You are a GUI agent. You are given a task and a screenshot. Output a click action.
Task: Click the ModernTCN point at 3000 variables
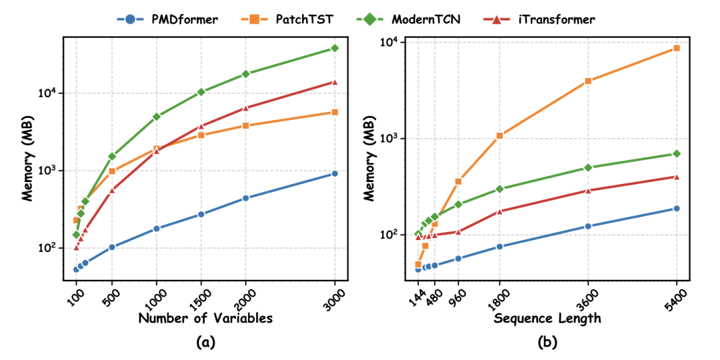pos(335,49)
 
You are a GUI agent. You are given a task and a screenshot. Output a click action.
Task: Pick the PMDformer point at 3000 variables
pos(335,174)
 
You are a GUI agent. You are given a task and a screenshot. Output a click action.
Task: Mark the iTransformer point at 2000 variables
pos(245,108)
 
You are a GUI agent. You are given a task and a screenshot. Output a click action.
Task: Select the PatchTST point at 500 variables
pos(112,171)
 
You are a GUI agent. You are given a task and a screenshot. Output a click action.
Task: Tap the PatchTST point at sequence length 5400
pos(677,48)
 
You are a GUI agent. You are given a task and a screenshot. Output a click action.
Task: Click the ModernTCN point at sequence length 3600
pos(588,168)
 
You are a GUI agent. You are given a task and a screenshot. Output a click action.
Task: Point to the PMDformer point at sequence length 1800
pos(499,247)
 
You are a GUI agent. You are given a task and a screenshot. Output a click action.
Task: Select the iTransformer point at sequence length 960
pos(459,232)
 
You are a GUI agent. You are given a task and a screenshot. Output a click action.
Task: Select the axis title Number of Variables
pos(205,319)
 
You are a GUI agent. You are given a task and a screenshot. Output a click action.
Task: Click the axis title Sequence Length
pos(547,319)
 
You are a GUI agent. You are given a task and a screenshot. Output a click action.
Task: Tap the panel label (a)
pos(205,343)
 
